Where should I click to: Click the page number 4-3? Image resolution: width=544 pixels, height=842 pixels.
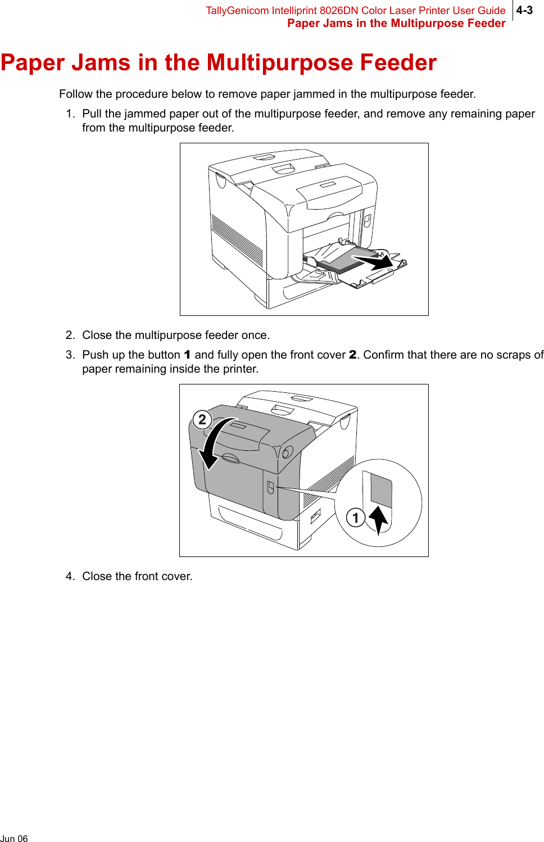tap(524, 10)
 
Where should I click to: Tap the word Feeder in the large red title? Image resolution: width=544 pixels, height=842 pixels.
tap(398, 62)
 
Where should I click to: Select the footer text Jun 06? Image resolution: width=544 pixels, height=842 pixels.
tap(14, 839)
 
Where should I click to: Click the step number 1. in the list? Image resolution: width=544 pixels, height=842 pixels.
tap(70, 114)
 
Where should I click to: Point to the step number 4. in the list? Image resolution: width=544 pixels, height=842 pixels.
tap(70, 576)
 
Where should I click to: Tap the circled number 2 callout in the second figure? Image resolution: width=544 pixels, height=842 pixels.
tap(202, 419)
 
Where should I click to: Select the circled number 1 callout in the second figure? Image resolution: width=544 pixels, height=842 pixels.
tap(355, 517)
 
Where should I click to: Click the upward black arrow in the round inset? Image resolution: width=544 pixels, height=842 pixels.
tap(379, 519)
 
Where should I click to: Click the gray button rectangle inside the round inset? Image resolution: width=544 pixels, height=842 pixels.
tap(381, 491)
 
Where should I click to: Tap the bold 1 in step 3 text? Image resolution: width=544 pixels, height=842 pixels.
tap(187, 355)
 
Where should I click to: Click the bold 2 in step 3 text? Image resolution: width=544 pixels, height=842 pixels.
tap(352, 355)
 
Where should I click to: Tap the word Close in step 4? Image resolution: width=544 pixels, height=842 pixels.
tap(97, 576)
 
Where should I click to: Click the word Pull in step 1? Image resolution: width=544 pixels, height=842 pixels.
tap(92, 114)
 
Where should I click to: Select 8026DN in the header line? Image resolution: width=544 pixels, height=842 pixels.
tap(339, 11)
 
